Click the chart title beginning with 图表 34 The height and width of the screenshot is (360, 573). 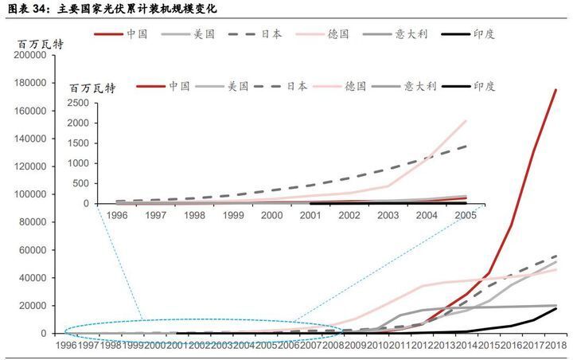click(111, 9)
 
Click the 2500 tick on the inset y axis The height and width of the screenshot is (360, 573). click(78, 103)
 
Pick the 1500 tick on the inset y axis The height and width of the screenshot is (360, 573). click(78, 143)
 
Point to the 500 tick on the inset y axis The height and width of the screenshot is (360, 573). click(81, 184)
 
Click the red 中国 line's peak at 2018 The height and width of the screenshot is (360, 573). click(555, 90)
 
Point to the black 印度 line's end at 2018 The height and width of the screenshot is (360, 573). click(555, 308)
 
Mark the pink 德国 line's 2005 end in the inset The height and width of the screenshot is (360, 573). click(466, 120)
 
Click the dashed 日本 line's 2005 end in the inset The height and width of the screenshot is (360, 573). click(466, 146)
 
